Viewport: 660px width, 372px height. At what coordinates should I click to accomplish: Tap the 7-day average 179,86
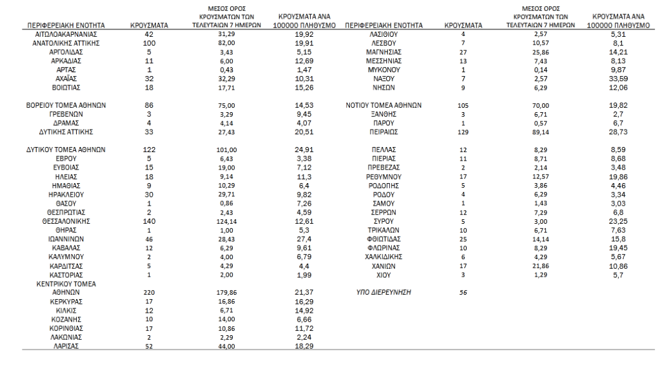[224, 292]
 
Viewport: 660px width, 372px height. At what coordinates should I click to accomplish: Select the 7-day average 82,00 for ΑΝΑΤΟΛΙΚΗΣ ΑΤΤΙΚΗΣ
[224, 42]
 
